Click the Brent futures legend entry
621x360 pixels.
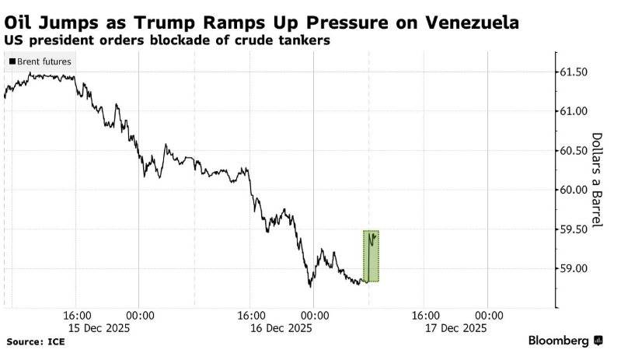(40, 61)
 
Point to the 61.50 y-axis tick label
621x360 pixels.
(579, 72)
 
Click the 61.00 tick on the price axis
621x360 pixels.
(579, 111)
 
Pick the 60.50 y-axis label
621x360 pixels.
(579, 151)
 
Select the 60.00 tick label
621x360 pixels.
(579, 190)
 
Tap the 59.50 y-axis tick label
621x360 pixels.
(579, 229)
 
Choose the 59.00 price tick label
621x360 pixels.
(579, 268)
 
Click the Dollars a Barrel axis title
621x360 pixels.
(598, 180)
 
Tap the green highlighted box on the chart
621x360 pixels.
(371, 257)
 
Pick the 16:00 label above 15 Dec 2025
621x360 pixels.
(77, 316)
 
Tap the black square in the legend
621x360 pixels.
(11, 61)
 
